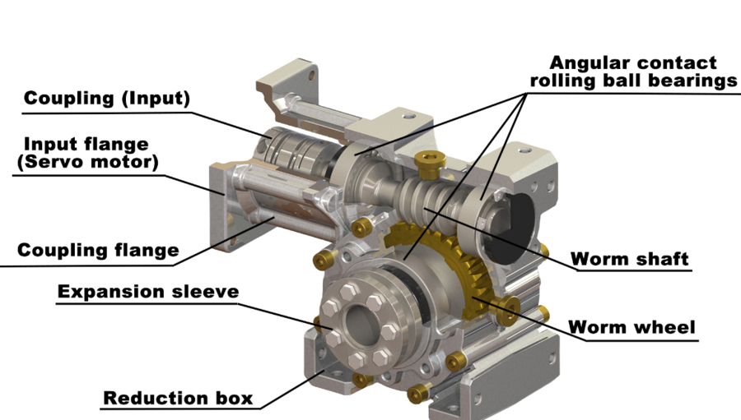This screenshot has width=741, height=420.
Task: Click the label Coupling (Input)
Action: (x=106, y=99)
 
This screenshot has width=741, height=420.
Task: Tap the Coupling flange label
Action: (x=98, y=250)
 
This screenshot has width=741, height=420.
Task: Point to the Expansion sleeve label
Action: (x=148, y=292)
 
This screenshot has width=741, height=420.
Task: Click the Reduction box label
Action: (x=177, y=399)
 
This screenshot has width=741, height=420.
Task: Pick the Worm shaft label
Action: (x=630, y=259)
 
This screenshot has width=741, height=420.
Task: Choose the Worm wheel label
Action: (x=631, y=327)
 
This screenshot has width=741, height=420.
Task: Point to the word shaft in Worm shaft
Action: (x=660, y=259)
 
